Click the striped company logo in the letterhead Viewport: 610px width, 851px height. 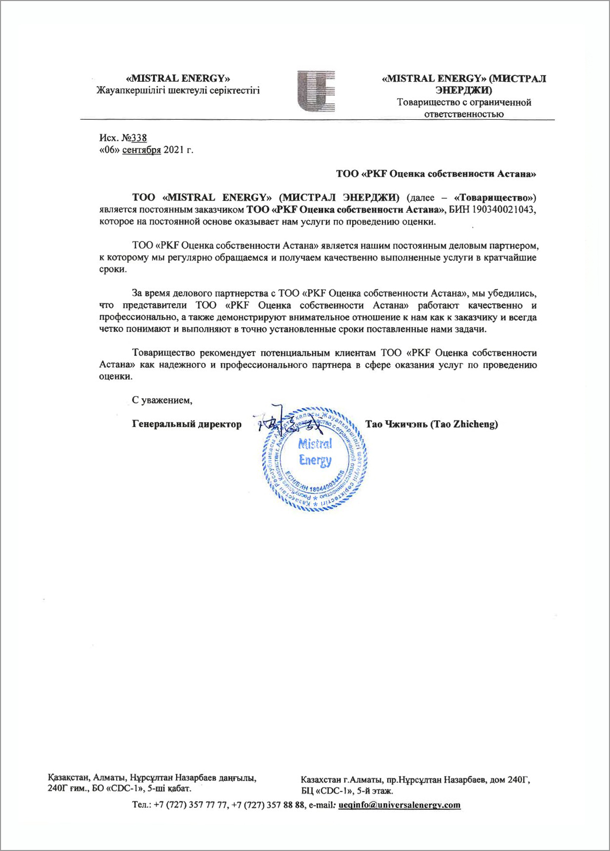point(316,91)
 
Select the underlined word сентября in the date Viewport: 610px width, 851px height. point(141,150)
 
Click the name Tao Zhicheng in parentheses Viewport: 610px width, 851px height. point(464,424)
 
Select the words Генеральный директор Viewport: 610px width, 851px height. point(186,424)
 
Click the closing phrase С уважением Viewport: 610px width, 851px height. point(162,400)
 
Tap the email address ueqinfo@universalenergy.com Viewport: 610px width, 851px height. point(399,805)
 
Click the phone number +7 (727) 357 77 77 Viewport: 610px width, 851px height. point(190,805)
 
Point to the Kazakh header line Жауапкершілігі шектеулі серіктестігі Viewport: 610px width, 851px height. point(178,90)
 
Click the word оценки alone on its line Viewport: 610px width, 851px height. point(116,376)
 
